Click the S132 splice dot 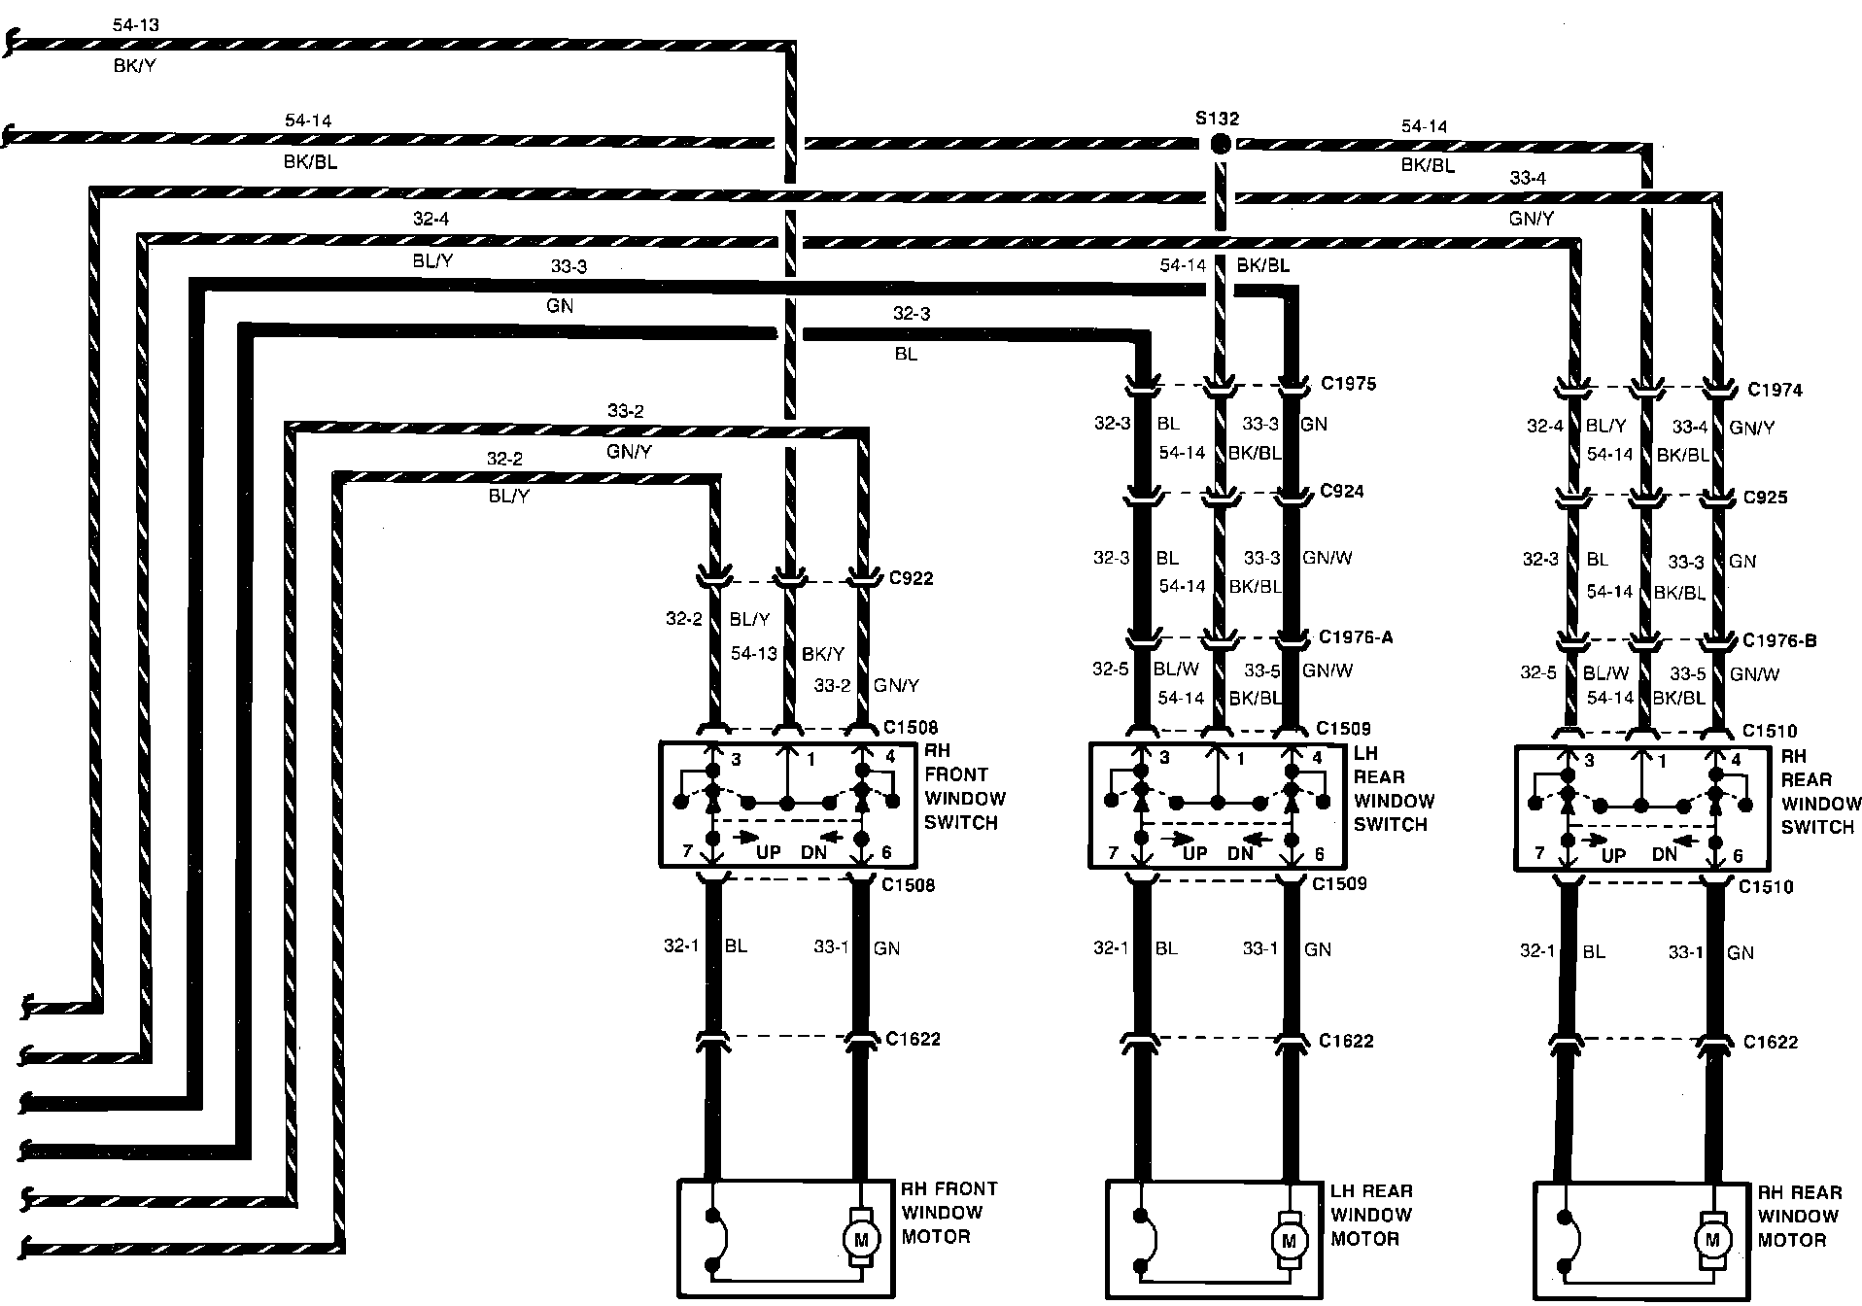tap(1221, 144)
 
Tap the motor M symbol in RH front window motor tap(860, 1239)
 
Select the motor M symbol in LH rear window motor tap(1289, 1241)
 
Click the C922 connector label tap(911, 578)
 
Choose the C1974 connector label tap(1775, 390)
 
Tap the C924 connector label tap(1341, 492)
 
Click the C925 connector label tap(1765, 498)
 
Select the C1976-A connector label tap(1356, 637)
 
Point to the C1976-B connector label tap(1779, 641)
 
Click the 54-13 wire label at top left tap(135, 25)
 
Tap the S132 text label tap(1217, 119)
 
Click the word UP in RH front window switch tap(769, 852)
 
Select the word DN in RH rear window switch tap(1664, 854)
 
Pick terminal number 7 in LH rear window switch tap(1114, 854)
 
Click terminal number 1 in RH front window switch tap(812, 758)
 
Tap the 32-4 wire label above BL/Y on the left tap(430, 220)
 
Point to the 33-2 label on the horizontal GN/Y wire tap(625, 411)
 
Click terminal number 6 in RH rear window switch tap(1738, 856)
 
